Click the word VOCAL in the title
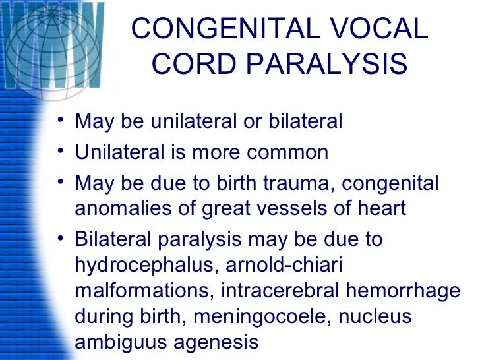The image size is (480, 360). point(373,30)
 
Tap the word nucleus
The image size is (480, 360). point(375,316)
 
